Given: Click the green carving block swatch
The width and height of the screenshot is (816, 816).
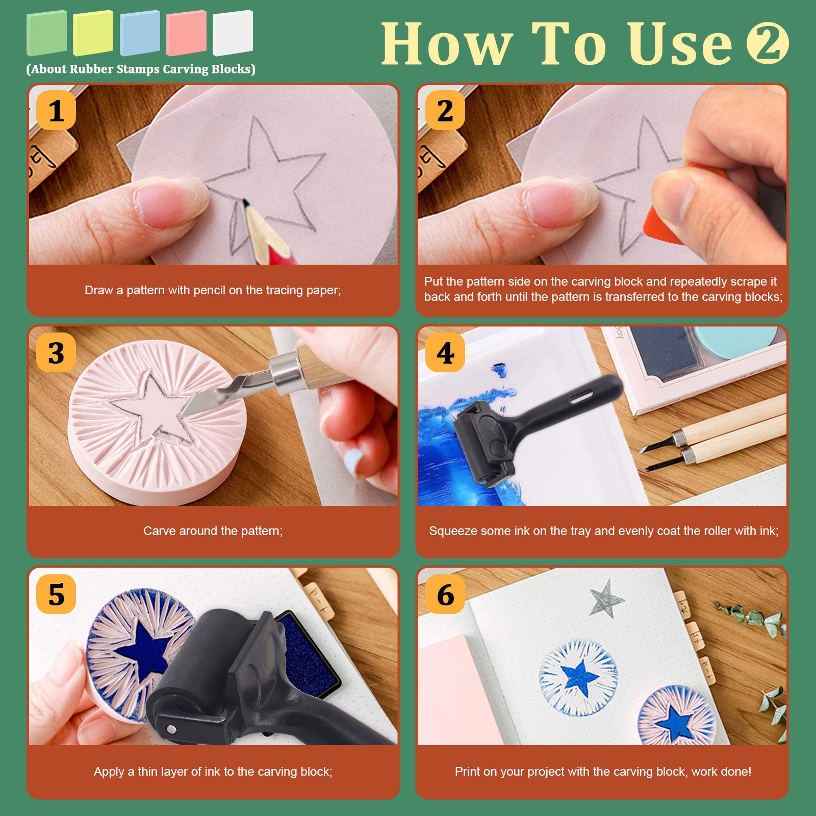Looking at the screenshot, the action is click(46, 33).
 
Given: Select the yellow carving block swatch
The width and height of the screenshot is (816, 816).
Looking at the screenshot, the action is click(93, 33).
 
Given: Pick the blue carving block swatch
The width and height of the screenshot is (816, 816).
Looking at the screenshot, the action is click(140, 33).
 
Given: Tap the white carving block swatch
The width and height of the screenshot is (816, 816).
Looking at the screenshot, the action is click(233, 33).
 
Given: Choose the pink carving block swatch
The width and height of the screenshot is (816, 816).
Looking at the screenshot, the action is click(186, 33).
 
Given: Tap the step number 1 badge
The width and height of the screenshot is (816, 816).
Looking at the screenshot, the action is click(56, 110).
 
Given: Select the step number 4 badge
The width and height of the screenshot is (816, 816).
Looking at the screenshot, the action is click(445, 352).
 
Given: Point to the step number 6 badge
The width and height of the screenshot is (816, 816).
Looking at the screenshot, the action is click(445, 594).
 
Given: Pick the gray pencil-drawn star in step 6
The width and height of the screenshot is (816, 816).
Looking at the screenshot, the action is click(606, 598).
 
